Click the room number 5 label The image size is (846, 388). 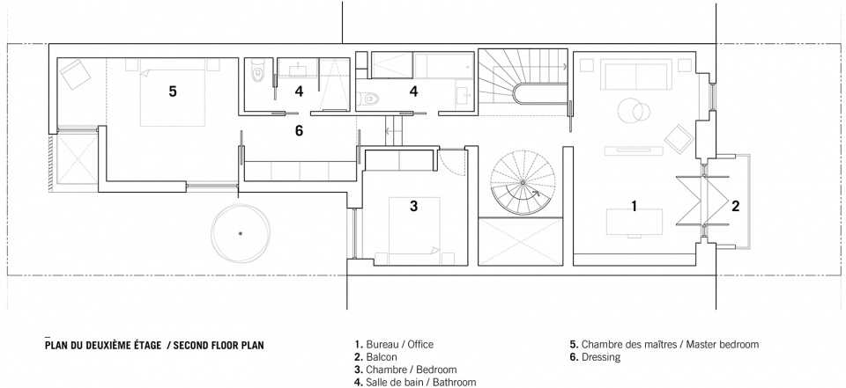click(172, 92)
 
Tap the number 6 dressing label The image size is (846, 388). click(299, 130)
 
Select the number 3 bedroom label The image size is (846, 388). click(414, 206)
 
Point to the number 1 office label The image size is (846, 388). click(634, 205)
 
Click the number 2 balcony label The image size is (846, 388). click(735, 205)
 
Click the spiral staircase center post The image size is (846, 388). click(523, 183)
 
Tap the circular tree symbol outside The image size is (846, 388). click(240, 233)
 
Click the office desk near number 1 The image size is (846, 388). click(634, 222)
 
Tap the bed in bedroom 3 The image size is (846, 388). click(414, 231)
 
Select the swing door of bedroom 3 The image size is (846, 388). click(450, 161)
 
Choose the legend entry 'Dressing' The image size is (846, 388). click(601, 356)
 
